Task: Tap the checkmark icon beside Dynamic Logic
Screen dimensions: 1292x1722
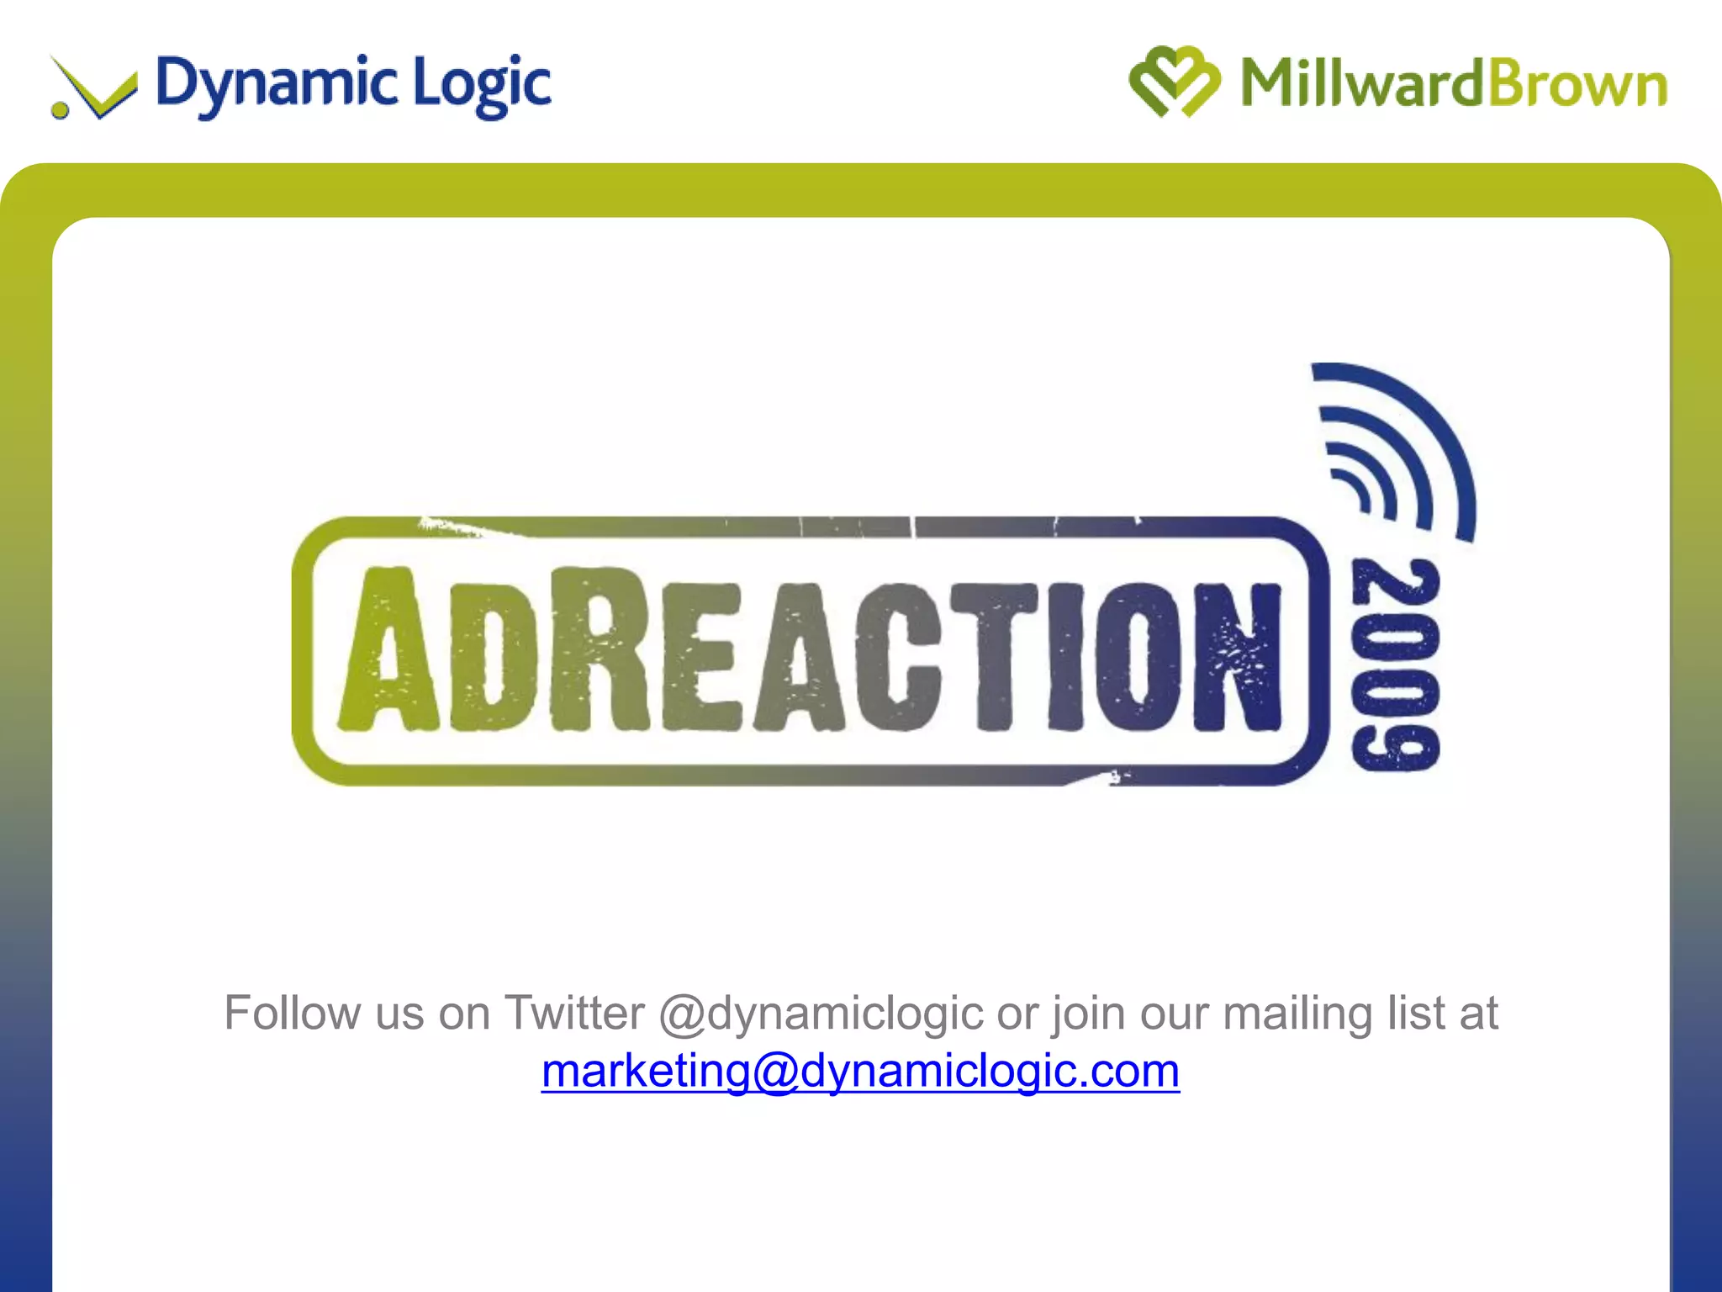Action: pos(95,88)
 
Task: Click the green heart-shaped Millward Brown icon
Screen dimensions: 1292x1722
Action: pos(1174,82)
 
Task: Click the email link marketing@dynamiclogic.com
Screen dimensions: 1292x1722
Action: pos(860,1071)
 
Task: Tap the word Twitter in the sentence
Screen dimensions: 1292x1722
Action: pos(573,1013)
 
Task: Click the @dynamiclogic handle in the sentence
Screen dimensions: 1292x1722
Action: pos(821,1013)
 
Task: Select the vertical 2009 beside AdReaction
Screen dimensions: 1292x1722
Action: pos(1395,665)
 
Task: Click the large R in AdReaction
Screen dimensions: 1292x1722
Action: pos(599,649)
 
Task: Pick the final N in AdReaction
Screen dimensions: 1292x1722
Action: pos(1238,656)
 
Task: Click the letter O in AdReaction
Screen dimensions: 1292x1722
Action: pos(1139,656)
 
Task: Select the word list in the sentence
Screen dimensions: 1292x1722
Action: pos(1416,1013)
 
